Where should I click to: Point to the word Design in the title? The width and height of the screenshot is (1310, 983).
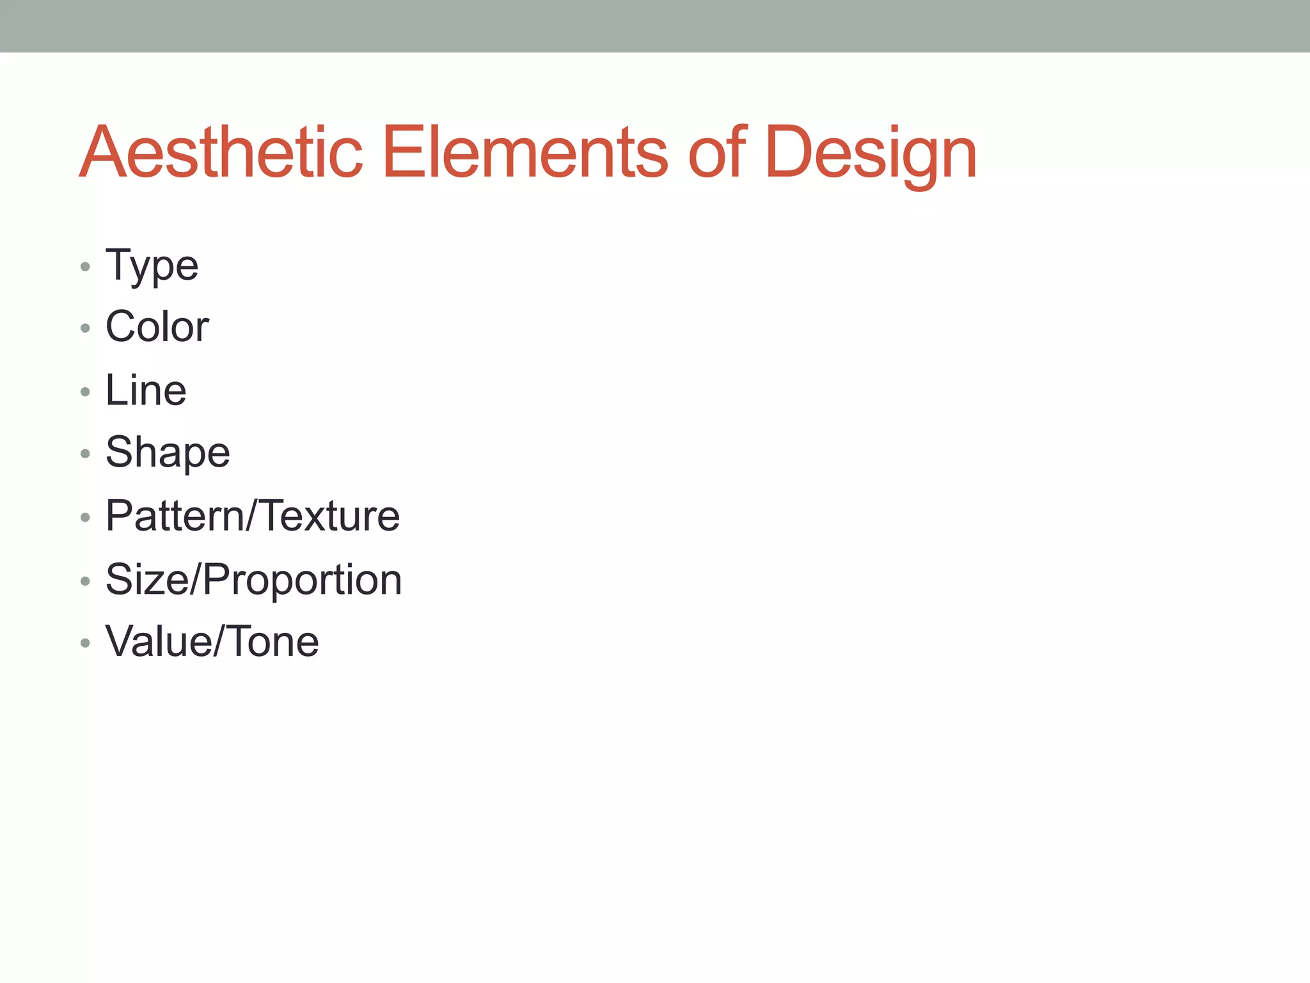tap(870, 154)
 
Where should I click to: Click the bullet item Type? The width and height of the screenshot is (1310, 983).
tap(152, 266)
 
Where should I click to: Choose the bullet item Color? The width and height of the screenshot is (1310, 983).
tap(157, 327)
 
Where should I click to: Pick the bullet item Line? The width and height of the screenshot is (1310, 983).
tap(146, 390)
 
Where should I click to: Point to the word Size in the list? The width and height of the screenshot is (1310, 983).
tap(148, 580)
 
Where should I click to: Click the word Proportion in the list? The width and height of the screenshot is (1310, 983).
tap(303, 580)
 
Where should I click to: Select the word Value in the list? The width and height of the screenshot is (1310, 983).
tap(157, 641)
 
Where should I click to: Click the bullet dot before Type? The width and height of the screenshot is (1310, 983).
tap(85, 266)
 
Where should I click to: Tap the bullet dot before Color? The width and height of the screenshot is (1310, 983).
tap(85, 328)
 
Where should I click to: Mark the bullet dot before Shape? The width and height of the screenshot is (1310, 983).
tap(85, 454)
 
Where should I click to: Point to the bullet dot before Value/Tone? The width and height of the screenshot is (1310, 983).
tap(85, 643)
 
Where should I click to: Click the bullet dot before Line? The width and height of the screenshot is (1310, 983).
tap(85, 392)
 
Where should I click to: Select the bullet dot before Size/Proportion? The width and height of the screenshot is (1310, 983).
tap(85, 581)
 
